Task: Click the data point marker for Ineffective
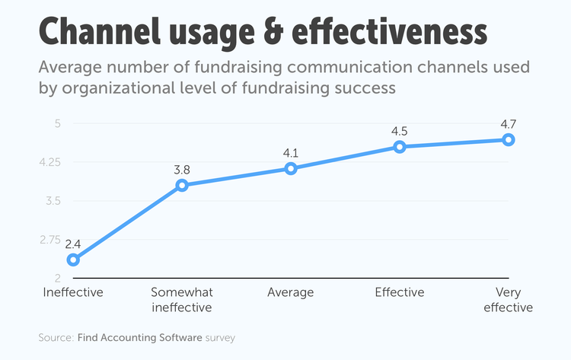point(73,260)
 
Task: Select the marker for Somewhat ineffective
point(182,185)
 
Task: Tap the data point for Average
point(291,168)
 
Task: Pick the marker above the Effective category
point(400,146)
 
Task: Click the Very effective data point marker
point(509,139)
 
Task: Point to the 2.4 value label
point(73,244)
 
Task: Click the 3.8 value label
point(182,169)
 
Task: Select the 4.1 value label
point(291,153)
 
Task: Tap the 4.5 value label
point(400,131)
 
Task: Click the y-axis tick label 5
point(58,123)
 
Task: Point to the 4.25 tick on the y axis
point(50,162)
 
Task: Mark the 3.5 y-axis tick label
point(53,201)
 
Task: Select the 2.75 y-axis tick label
point(50,240)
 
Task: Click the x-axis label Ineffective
point(73,292)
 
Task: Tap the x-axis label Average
point(291,292)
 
